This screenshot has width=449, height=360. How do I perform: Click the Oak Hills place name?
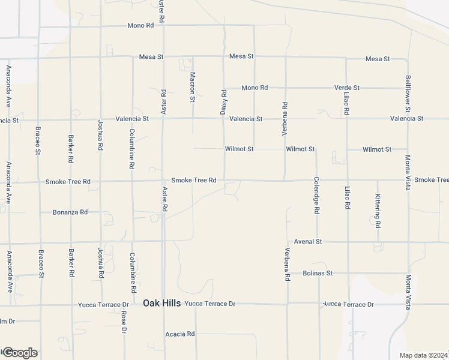coord(161,304)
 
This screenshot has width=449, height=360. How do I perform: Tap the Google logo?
coord(19,353)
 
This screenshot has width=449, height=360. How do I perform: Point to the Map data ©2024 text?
coord(424,355)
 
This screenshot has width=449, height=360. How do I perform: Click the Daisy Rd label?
coord(224,103)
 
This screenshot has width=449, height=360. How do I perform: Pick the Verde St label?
coord(347,88)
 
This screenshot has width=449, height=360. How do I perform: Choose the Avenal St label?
coord(309,241)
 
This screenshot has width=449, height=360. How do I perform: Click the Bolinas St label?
coord(318,273)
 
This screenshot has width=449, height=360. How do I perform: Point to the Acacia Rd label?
coord(180,334)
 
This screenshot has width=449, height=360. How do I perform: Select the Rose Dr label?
coord(124,322)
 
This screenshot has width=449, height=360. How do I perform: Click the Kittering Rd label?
coord(378,210)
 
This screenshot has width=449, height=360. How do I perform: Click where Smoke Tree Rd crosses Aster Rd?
coord(163,181)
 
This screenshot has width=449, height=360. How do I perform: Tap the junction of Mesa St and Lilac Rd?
coord(346,58)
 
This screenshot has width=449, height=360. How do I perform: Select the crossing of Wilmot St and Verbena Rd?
coord(285,149)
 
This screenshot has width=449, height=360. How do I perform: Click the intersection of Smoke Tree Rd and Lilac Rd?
coord(346,180)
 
